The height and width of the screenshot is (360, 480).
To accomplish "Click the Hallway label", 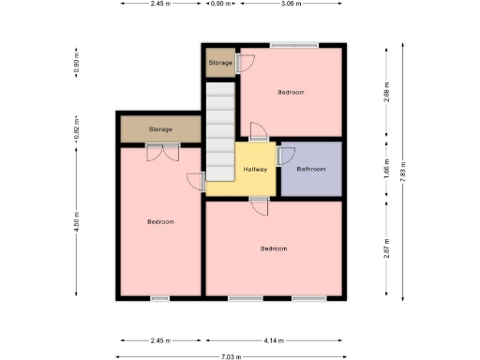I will (x=255, y=169).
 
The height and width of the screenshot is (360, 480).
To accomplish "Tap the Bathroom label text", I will (x=311, y=169).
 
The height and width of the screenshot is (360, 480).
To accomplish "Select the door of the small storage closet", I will (x=243, y=63).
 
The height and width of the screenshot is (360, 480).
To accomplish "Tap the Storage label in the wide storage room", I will (x=160, y=129).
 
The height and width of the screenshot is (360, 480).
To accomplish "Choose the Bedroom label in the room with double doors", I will (x=161, y=221).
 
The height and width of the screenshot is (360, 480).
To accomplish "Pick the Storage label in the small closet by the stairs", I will (x=220, y=63).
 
